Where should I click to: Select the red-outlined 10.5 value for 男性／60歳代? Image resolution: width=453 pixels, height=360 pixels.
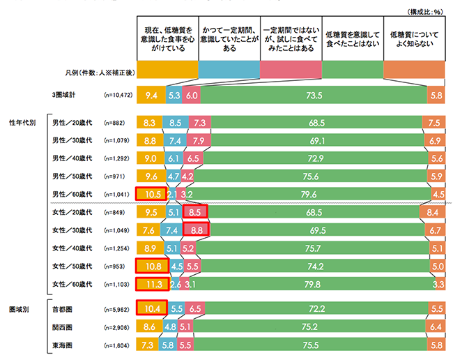150,193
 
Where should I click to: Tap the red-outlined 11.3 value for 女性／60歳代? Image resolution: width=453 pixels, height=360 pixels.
151,284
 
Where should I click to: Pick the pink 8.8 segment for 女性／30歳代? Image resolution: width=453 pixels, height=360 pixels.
196,229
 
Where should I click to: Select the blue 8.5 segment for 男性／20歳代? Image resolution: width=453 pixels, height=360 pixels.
175,121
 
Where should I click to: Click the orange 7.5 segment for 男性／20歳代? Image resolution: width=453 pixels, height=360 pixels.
434,121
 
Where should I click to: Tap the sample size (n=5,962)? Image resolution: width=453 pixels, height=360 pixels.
116,308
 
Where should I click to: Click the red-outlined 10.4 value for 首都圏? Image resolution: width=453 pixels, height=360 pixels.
150,308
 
